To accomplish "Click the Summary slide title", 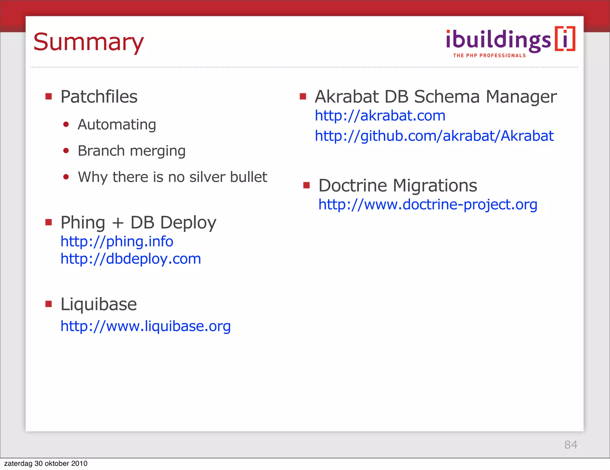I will tap(88, 42).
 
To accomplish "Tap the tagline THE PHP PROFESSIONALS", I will tap(489, 56).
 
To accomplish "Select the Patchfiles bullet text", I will tap(99, 97).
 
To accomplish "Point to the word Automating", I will tap(117, 125).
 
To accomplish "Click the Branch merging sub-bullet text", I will tap(131, 151).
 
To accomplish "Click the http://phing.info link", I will tap(117, 241).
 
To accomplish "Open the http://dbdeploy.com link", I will tap(131, 259).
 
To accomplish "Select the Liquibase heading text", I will tap(99, 304).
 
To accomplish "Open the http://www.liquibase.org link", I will tap(145, 326).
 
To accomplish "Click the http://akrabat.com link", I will tap(380, 116).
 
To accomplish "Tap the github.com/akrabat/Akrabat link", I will tap(434, 136).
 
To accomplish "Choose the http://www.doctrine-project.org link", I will tap(428, 205).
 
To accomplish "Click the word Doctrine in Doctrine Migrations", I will tap(353, 185).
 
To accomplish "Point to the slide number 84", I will tap(571, 445).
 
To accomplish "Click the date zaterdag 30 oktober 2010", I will tap(46, 463).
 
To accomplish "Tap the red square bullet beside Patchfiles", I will tap(49, 96).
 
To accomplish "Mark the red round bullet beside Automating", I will tap(66, 124).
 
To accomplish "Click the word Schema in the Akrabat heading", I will tap(447, 97).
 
